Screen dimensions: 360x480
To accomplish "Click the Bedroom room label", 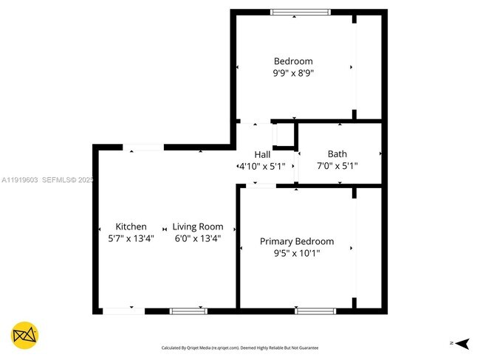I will coord(293,61).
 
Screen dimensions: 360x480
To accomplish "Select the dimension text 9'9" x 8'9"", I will coord(293,73).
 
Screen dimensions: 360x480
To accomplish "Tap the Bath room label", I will coord(337,154).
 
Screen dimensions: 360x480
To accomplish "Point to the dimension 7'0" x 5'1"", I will coord(337,166).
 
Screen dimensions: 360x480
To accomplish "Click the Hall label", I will coord(262,154).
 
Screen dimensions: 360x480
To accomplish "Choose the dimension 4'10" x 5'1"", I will coord(261,167).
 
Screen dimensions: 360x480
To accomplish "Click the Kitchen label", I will coord(131,226).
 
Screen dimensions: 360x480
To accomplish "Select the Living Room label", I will coord(198,226).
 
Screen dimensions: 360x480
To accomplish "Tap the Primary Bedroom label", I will coord(296,241).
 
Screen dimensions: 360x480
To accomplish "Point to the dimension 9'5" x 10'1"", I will coord(296,253).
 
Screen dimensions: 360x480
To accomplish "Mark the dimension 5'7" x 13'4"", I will coord(131,238).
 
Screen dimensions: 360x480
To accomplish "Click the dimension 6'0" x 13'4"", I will coord(197,238).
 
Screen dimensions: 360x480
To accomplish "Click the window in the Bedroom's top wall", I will coord(300,12).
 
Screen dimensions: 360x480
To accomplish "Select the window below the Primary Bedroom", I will coord(315,311).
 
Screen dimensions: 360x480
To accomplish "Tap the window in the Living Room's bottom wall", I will coord(188,311).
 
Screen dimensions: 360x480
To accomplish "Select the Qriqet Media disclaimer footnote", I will coord(239,347).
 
